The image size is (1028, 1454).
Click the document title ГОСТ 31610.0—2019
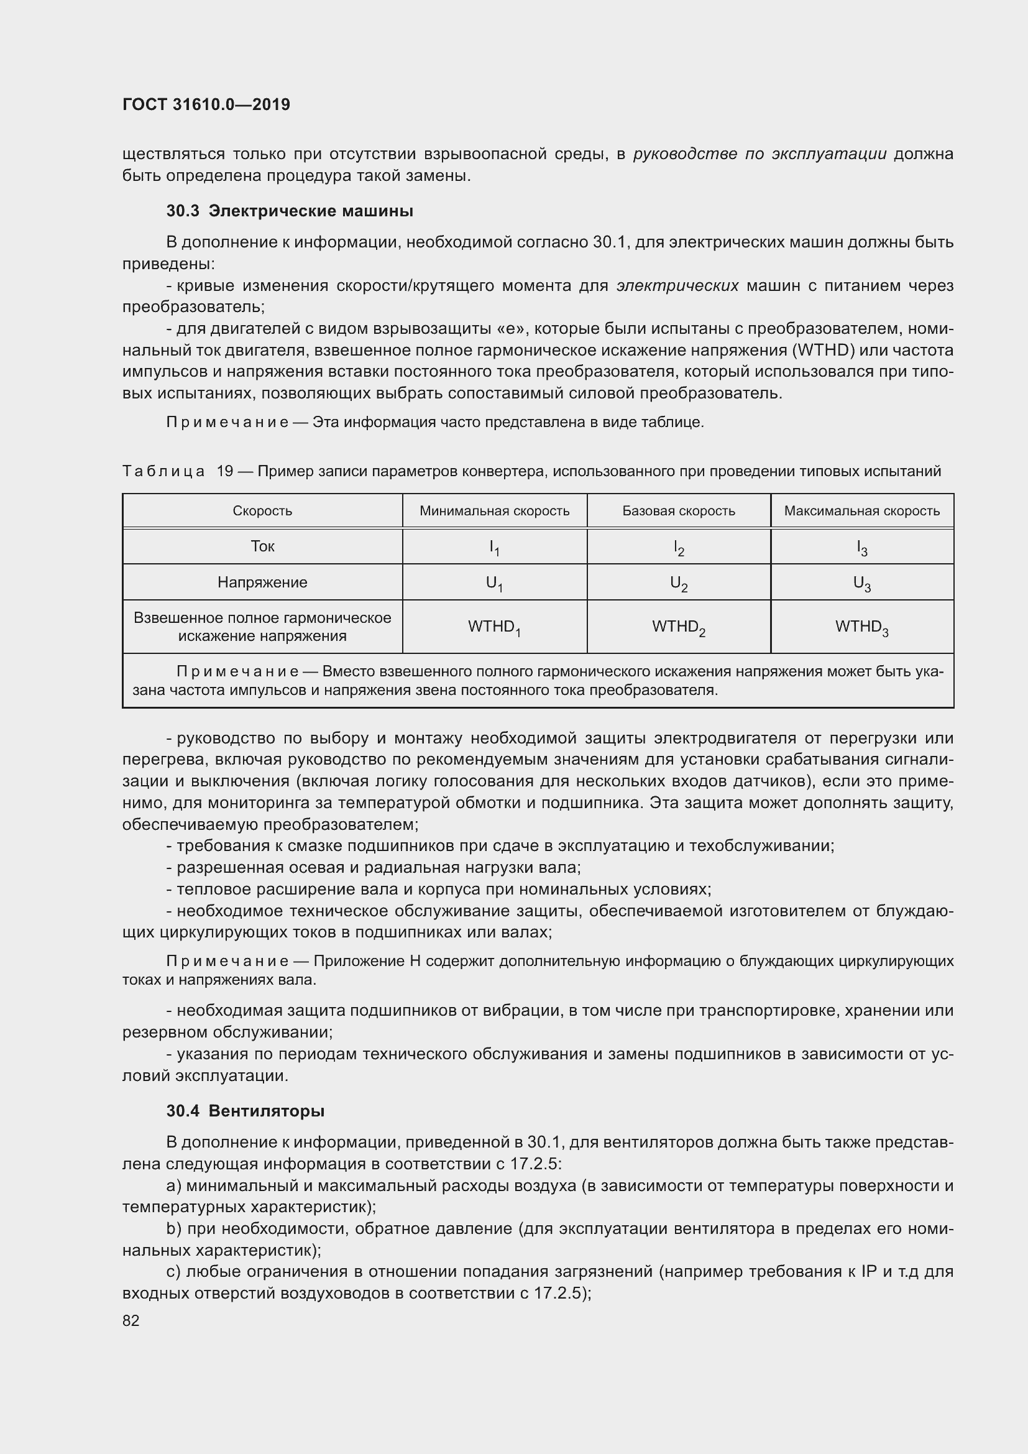206,104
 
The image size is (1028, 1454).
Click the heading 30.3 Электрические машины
289,211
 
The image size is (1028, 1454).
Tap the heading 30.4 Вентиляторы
246,1111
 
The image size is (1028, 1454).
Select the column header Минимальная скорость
494,510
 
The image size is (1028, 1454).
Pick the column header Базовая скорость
679,510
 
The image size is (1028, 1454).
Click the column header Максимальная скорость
861,510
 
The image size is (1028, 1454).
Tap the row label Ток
262,546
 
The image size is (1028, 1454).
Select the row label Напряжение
262,582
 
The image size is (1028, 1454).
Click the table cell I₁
494,548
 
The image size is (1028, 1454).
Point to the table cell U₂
679,583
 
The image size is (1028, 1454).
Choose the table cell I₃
861,548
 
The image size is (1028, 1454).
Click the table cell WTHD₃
861,627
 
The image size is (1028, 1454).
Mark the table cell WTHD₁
494,627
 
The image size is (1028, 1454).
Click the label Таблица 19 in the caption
178,471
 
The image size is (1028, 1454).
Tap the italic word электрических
677,285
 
